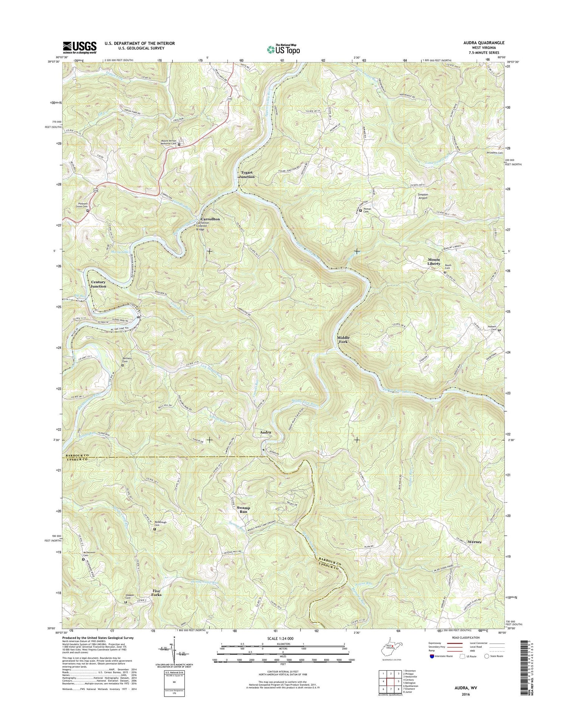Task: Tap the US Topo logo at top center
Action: (283, 49)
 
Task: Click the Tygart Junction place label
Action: (248, 174)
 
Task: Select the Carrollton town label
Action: (210, 219)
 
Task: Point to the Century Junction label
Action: (98, 284)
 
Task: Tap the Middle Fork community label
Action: (343, 339)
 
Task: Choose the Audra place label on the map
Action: (265, 432)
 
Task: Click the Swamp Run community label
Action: (243, 510)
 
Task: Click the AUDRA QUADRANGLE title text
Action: (484, 43)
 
